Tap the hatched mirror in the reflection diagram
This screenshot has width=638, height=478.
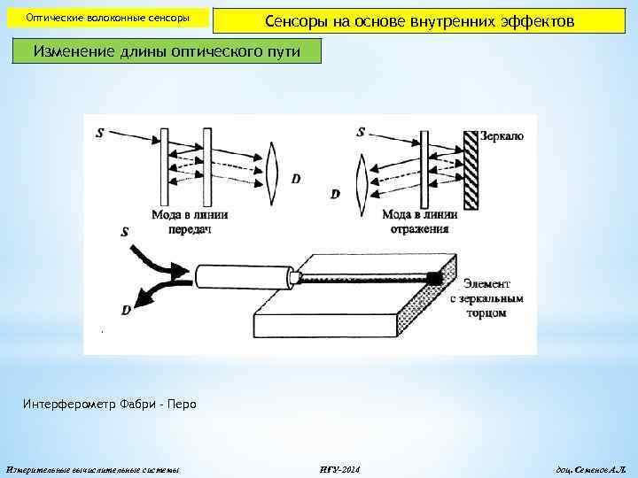(471, 169)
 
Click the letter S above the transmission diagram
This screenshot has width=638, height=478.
(99, 134)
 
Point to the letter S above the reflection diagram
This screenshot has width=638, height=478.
(361, 133)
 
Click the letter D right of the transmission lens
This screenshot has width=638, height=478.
(295, 178)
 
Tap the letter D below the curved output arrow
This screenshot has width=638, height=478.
(126, 310)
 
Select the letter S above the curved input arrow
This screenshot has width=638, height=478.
(124, 232)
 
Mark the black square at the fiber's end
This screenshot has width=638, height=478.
(435, 278)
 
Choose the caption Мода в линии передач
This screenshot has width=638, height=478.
(190, 221)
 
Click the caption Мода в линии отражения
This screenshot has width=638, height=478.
(419, 221)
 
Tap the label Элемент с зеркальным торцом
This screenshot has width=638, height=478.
(486, 297)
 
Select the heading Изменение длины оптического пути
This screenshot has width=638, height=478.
(167, 51)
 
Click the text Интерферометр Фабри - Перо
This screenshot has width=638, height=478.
(109, 405)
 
